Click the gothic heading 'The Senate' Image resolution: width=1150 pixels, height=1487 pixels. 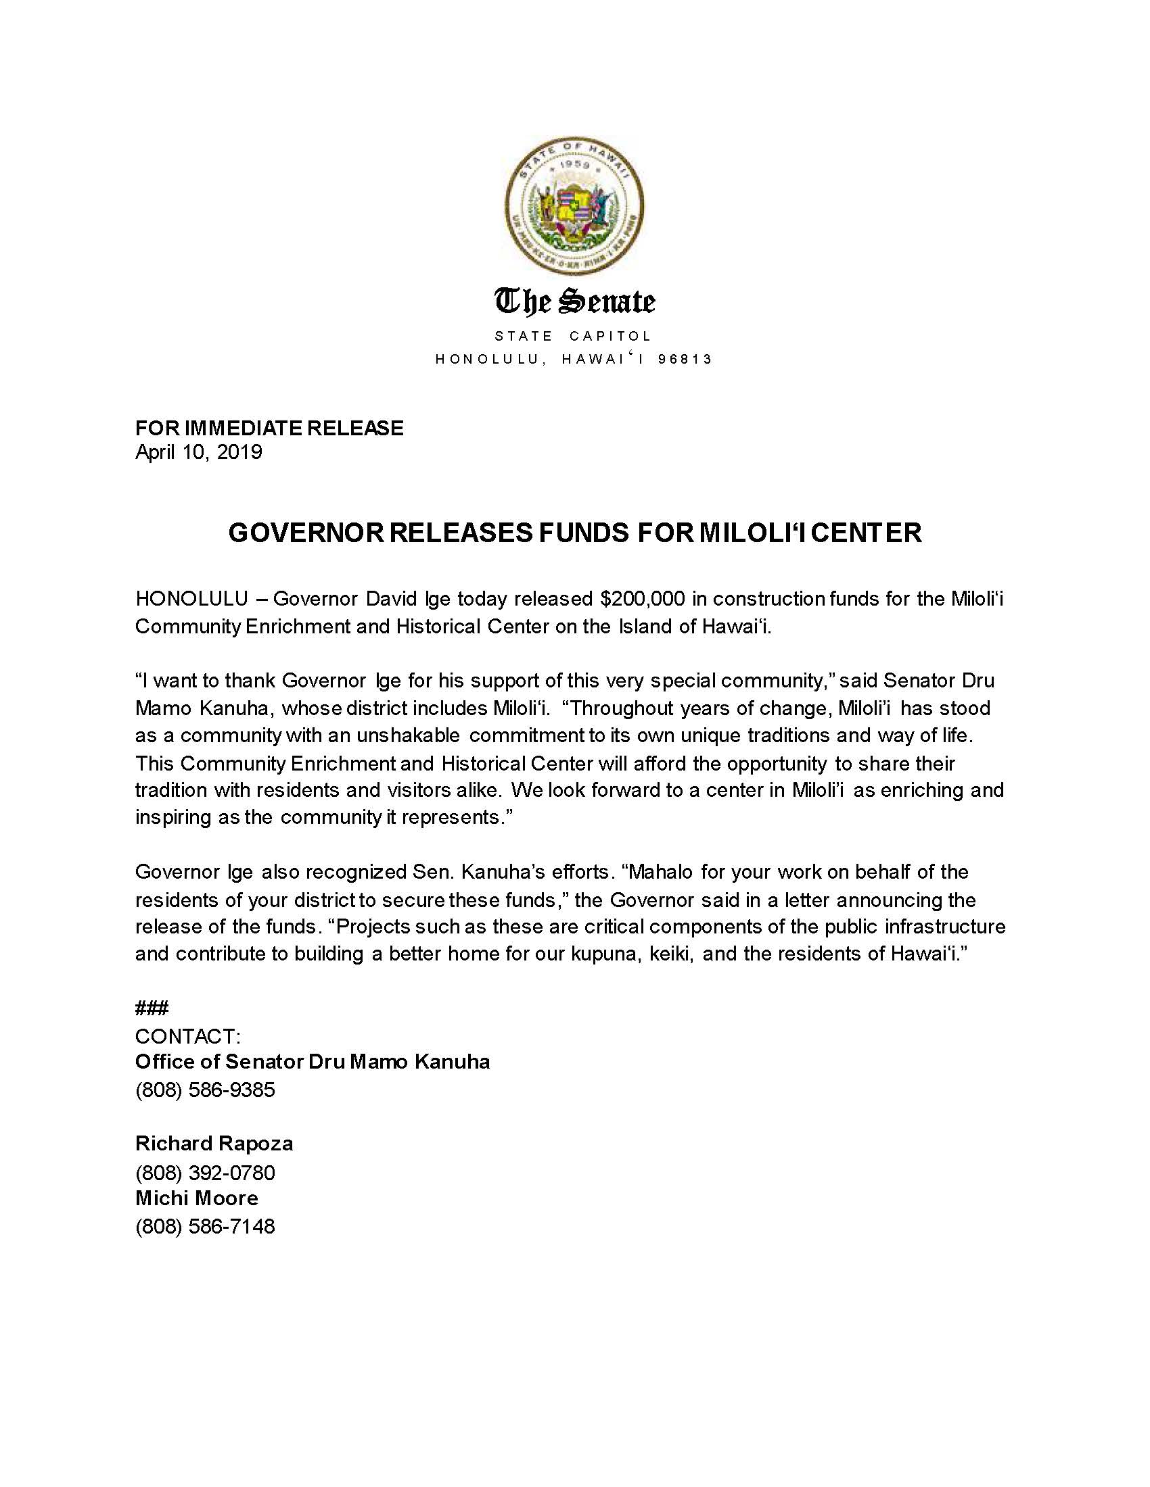(574, 301)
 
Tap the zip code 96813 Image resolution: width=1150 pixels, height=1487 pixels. (685, 359)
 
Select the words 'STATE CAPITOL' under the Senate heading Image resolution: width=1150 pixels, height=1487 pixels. (574, 336)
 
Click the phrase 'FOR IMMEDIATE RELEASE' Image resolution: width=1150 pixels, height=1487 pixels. (269, 428)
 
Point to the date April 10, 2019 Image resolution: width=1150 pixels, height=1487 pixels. (198, 452)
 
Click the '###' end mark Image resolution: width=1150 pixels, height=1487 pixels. (152, 1008)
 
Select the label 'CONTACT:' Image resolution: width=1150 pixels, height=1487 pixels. (188, 1036)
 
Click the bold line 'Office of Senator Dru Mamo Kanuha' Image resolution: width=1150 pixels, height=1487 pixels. (312, 1061)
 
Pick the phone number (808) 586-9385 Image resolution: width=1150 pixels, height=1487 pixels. (205, 1090)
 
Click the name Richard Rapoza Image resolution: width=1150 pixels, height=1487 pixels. (214, 1143)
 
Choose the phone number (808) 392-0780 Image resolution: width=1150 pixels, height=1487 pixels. (205, 1173)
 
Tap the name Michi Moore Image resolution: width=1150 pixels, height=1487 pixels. (197, 1198)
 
